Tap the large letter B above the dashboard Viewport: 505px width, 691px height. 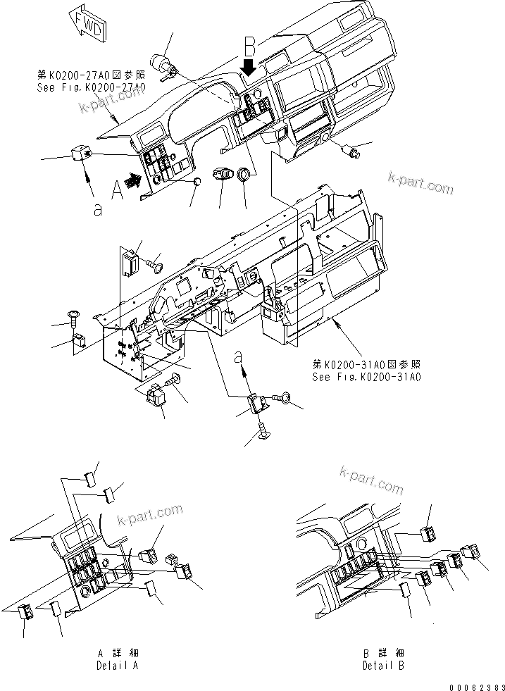click(x=249, y=46)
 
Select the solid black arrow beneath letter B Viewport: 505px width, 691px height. click(x=249, y=68)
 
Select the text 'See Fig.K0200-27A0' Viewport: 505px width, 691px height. click(x=91, y=87)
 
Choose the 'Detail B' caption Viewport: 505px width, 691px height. click(x=383, y=665)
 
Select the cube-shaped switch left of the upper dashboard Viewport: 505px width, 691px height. click(x=80, y=151)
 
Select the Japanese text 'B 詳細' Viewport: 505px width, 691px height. click(x=383, y=654)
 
